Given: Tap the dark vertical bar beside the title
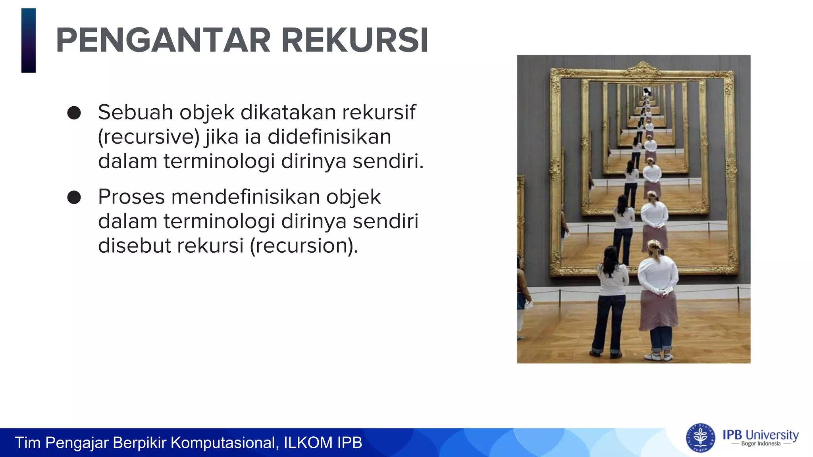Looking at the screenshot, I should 29,40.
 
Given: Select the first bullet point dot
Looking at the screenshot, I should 74,113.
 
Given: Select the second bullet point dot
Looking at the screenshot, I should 74,197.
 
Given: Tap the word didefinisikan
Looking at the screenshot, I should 329,137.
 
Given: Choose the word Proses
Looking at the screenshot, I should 131,197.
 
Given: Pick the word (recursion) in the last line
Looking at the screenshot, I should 304,246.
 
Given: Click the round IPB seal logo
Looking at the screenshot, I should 701,438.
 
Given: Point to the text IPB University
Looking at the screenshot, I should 760,435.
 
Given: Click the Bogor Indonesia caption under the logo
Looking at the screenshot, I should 761,444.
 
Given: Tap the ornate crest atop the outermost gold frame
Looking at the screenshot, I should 643,70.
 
